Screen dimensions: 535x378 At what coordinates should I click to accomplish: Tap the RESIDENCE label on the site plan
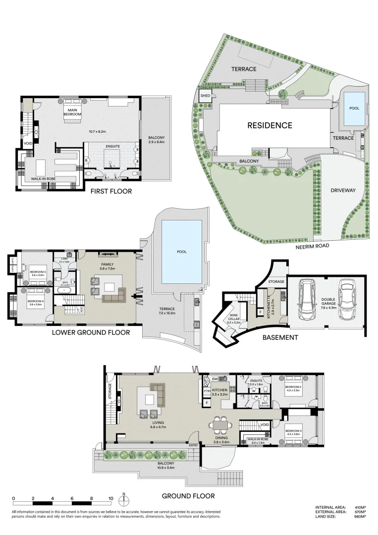[270, 125]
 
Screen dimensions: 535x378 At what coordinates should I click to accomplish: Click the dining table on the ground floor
[220, 425]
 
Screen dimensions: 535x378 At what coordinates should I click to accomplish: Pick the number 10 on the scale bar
[110, 498]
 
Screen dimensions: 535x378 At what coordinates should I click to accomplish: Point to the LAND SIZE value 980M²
[360, 517]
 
